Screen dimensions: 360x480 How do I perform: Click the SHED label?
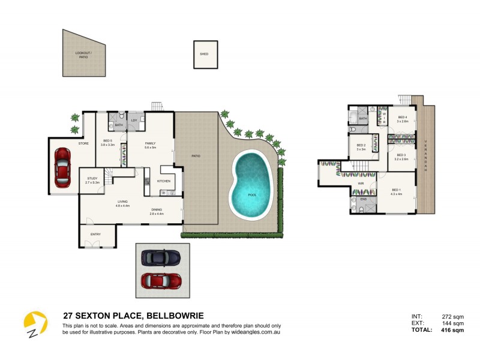pyautogui.click(x=204, y=54)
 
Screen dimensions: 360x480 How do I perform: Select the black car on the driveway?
pyautogui.click(x=160, y=257)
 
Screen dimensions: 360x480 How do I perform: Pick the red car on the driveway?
pyautogui.click(x=161, y=280)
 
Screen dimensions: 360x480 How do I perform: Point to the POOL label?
pyautogui.click(x=253, y=194)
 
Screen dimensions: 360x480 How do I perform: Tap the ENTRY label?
pyautogui.click(x=95, y=234)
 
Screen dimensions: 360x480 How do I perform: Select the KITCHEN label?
pyautogui.click(x=164, y=181)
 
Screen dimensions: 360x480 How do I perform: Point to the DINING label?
pyautogui.click(x=157, y=211)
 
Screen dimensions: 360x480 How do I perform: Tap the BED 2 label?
pyautogui.click(x=361, y=146)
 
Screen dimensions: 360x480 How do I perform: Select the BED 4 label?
pyautogui.click(x=402, y=119)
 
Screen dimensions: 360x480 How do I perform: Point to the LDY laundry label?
pyautogui.click(x=134, y=121)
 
